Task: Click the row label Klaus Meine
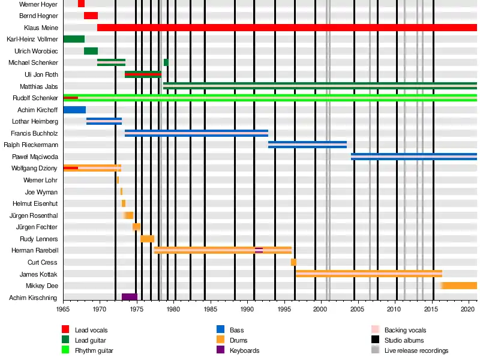41,28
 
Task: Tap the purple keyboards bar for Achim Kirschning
129,297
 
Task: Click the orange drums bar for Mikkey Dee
460,286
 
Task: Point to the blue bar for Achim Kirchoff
74,110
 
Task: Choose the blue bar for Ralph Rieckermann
307,145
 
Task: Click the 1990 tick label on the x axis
247,310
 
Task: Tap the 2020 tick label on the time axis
467,310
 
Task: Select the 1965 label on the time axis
63,310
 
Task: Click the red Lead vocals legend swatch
66,329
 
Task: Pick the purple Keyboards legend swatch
220,350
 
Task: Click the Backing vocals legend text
405,330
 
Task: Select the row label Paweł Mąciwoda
35,156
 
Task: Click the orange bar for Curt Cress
293,262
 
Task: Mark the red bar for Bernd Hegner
91,16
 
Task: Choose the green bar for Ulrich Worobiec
91,51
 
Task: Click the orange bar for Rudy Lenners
147,239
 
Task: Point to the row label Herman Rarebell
35,250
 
